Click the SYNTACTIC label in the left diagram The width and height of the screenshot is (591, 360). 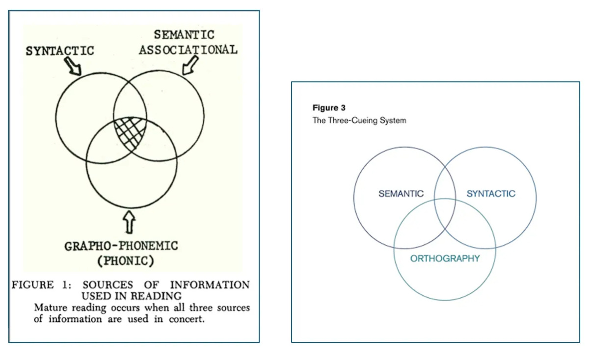tap(60, 51)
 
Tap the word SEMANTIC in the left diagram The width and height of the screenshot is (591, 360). tap(184, 35)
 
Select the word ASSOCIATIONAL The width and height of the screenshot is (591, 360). tap(188, 50)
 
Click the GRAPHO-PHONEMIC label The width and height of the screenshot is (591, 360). tap(121, 246)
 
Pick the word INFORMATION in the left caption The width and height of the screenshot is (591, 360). tap(210, 285)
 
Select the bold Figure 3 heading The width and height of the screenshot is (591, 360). tap(325, 108)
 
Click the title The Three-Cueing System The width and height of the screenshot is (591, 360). tap(359, 120)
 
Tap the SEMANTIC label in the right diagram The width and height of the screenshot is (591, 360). tap(401, 194)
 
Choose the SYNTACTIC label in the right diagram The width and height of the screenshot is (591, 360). tap(491, 194)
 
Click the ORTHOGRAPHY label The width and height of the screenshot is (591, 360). tap(445, 258)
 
